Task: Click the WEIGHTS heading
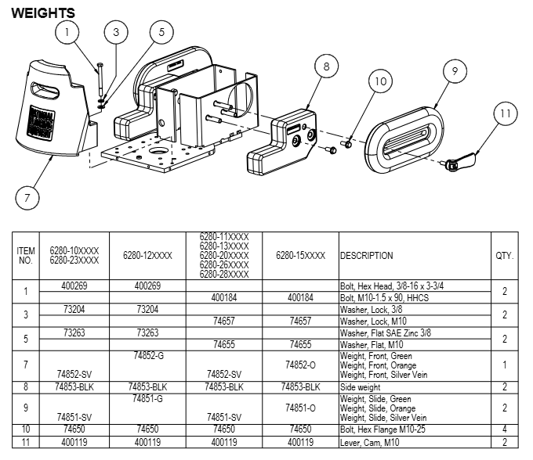[44, 13]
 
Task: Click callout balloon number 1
[68, 32]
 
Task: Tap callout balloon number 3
[116, 32]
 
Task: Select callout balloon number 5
[161, 32]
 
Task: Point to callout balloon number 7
[27, 197]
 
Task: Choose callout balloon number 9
[454, 71]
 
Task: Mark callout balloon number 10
[380, 81]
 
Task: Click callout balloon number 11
[506, 114]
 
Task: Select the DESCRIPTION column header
[367, 256]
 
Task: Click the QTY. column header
[505, 256]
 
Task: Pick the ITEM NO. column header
[26, 256]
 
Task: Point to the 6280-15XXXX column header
[300, 256]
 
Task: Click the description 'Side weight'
[360, 386]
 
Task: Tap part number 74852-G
[148, 356]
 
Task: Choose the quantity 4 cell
[505, 429]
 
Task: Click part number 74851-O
[300, 408]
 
